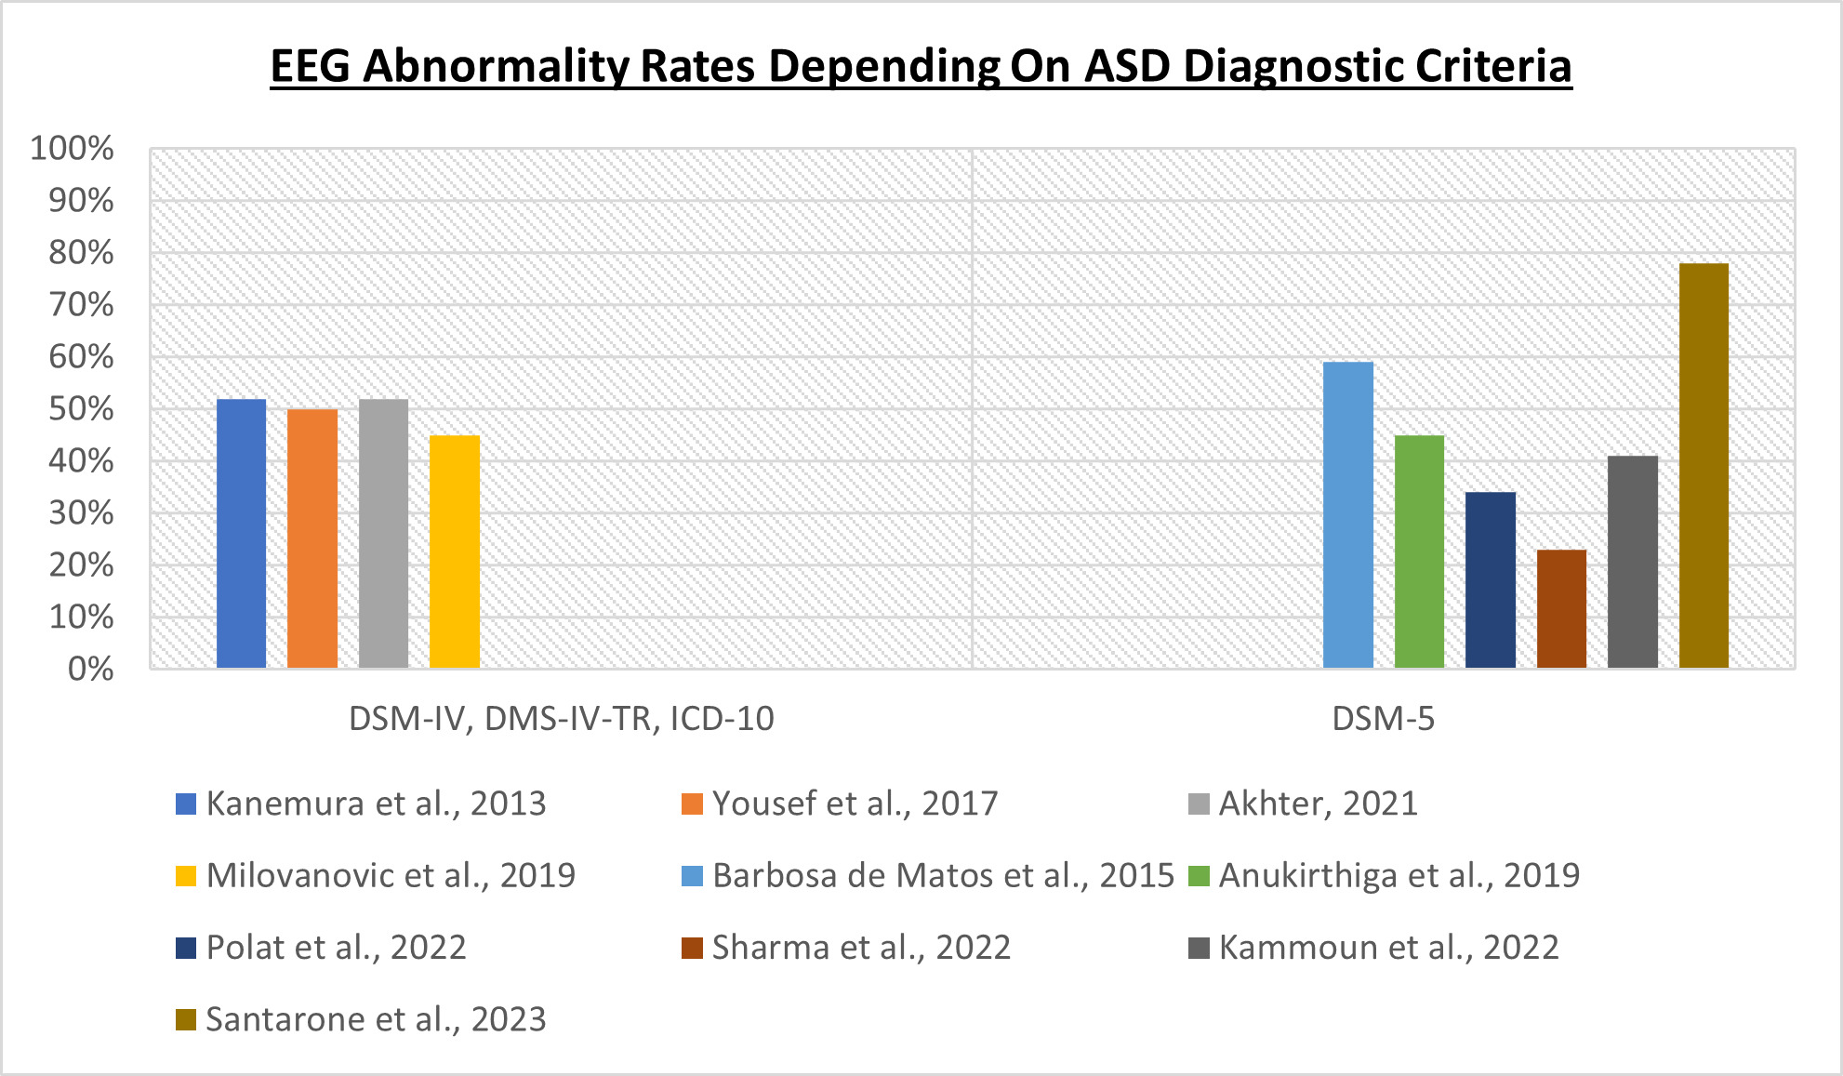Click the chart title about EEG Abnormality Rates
click(x=921, y=66)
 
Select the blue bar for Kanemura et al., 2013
click(x=241, y=534)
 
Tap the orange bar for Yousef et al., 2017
click(x=312, y=538)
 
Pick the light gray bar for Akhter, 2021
click(x=383, y=534)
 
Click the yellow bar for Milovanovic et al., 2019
click(x=455, y=551)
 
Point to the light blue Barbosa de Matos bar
click(x=1347, y=515)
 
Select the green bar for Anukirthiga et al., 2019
click(x=1419, y=551)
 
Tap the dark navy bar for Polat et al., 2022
click(x=1490, y=580)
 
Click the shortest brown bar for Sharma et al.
click(x=1561, y=609)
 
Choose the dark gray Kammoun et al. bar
click(x=1632, y=562)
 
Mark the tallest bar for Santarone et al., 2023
click(x=1704, y=465)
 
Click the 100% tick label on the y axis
click(x=73, y=148)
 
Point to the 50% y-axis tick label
click(x=82, y=408)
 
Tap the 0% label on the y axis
click(x=91, y=669)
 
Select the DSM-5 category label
click(x=1383, y=719)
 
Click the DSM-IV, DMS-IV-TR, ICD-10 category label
click(x=561, y=719)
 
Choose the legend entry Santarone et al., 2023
click(x=376, y=1019)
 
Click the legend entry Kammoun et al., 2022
click(x=1388, y=948)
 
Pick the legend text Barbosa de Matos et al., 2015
click(x=943, y=875)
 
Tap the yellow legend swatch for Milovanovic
click(x=186, y=876)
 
